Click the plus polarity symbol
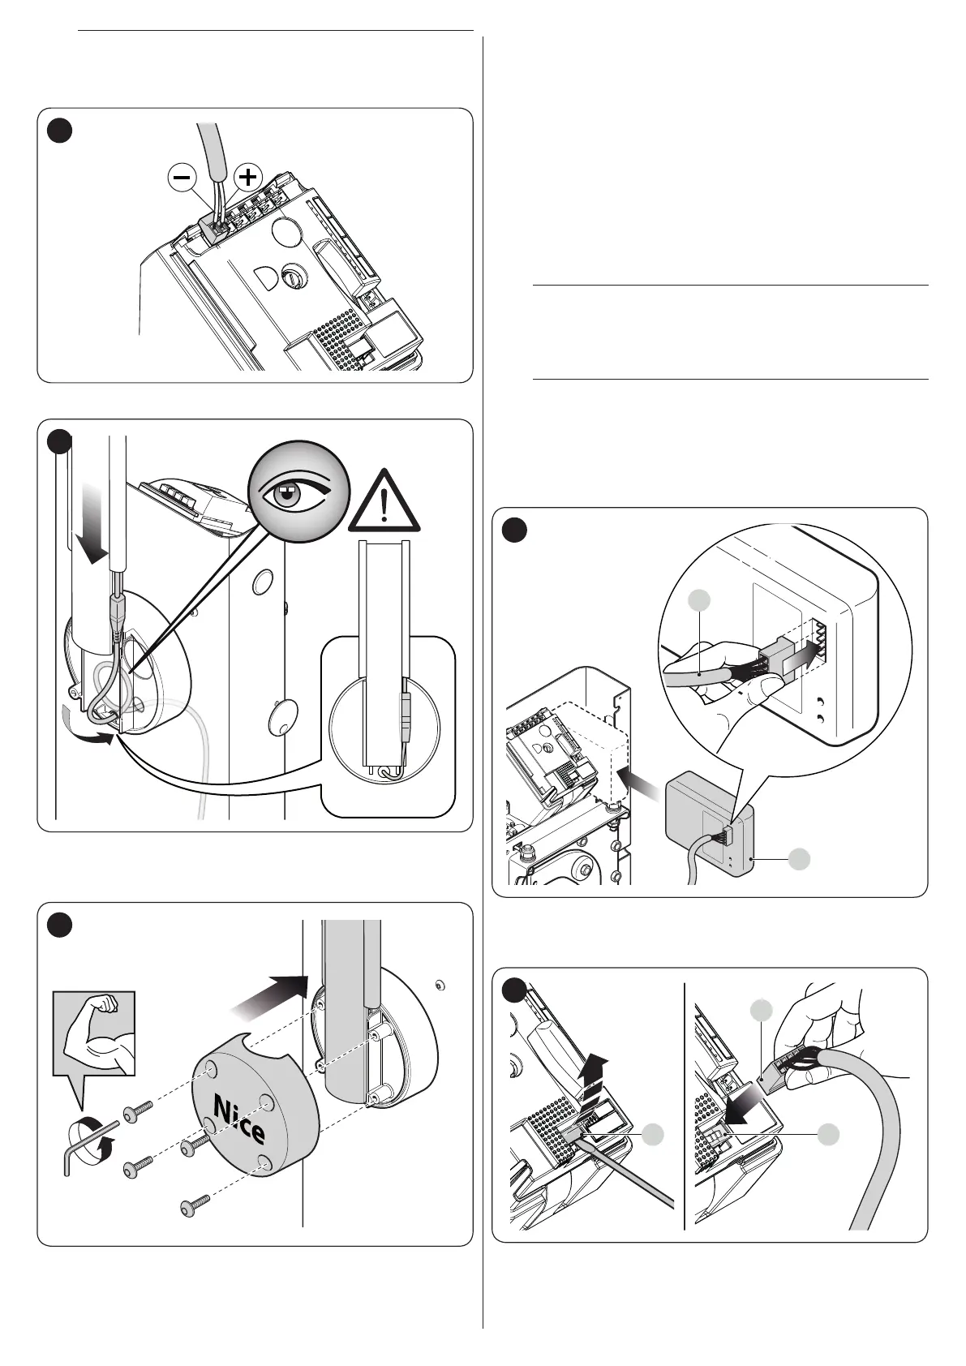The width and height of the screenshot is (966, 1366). pyautogui.click(x=248, y=177)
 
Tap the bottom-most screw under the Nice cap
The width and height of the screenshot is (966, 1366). pyautogui.click(x=194, y=1206)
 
